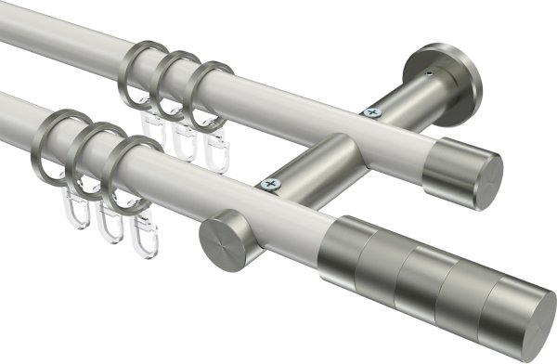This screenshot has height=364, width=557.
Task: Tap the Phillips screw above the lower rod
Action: pos(272,186)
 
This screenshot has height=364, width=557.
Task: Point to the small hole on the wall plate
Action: pos(429,70)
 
